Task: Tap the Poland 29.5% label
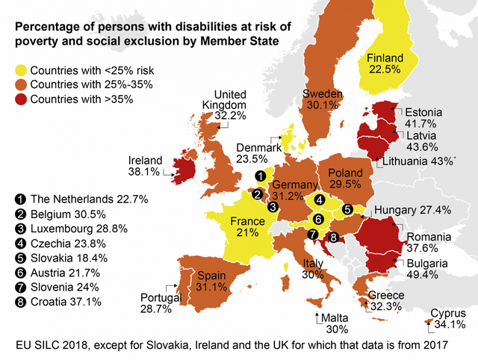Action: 344,179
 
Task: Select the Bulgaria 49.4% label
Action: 427,269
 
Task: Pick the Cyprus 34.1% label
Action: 448,319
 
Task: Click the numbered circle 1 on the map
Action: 259,176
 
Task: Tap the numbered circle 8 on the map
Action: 334,238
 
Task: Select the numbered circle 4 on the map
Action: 319,199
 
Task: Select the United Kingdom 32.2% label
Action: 224,105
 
